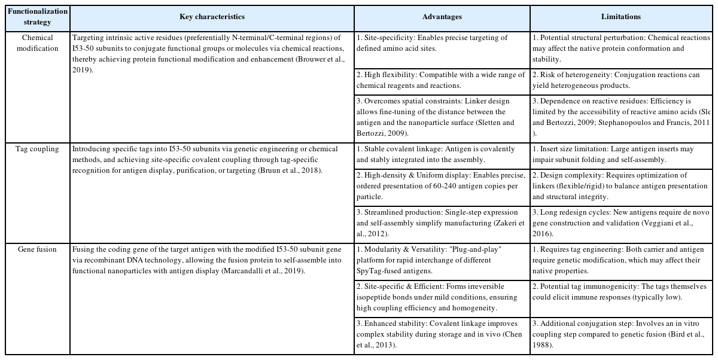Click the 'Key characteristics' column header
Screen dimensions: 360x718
tap(212, 17)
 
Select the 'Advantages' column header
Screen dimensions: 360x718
tap(442, 17)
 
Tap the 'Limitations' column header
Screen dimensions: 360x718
tap(620, 17)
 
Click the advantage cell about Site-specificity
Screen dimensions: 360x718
tap(440, 43)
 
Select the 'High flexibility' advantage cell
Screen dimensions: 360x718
tap(440, 81)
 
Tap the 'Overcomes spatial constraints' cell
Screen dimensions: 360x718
tap(440, 117)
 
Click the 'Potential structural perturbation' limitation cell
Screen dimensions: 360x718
tap(620, 48)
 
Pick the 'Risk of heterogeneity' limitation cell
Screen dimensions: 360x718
tap(620, 81)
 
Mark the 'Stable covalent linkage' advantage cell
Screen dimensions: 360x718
tap(440, 154)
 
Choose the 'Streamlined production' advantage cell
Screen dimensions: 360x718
tap(440, 222)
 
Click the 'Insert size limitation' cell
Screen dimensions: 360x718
tap(620, 154)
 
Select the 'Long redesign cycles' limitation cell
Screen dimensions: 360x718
tap(620, 222)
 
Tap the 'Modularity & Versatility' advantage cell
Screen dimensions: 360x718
tap(440, 260)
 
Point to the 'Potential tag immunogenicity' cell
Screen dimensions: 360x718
tap(620, 292)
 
